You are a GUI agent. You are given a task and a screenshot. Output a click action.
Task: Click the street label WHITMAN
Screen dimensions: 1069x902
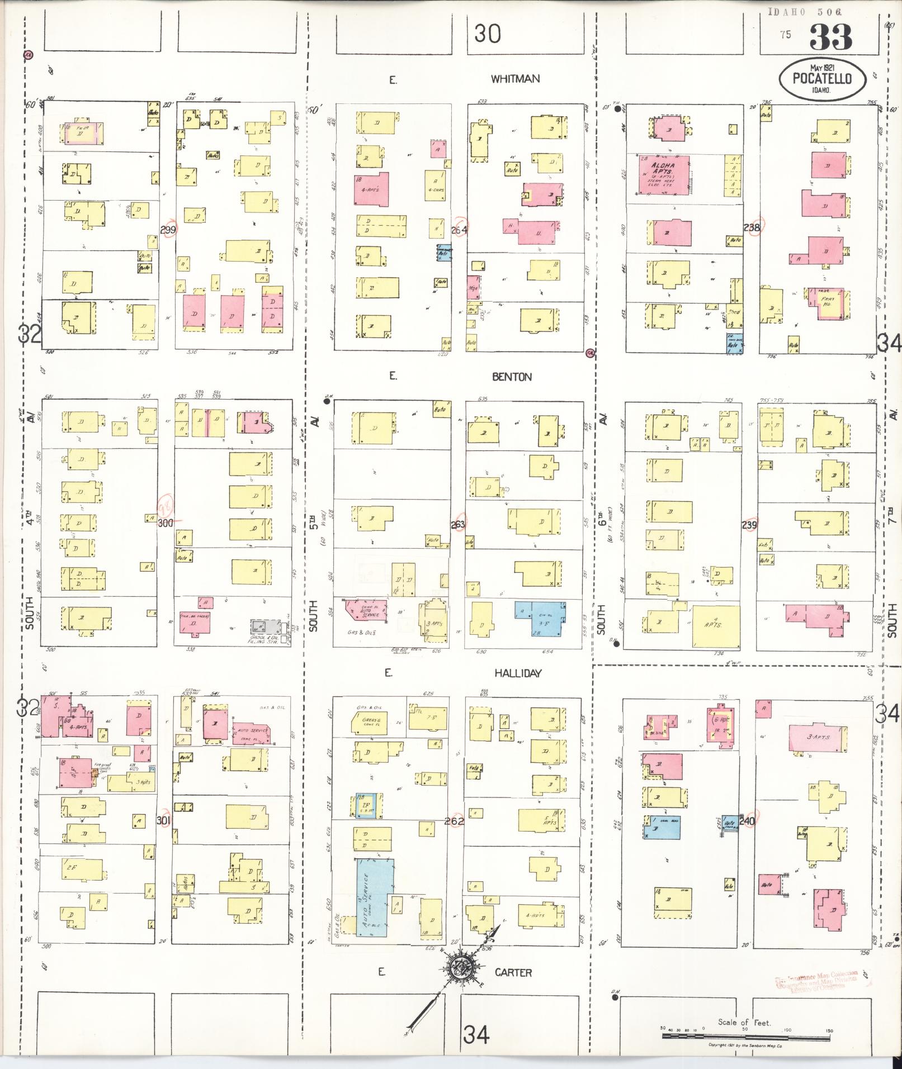515,79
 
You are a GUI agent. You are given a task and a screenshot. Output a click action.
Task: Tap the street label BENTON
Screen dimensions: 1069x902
512,377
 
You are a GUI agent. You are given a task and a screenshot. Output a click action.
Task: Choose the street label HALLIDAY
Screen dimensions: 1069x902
518,673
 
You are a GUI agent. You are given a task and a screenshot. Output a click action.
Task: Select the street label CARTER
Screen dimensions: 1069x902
513,972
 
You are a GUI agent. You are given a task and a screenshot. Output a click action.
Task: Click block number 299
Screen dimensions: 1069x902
168,230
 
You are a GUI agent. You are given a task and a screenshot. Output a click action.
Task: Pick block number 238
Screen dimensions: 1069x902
752,227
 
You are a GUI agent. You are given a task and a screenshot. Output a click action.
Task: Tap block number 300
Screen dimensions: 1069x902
166,524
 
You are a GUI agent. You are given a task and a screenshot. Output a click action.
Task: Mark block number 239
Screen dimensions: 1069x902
749,525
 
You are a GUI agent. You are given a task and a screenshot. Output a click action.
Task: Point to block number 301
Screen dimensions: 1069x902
163,820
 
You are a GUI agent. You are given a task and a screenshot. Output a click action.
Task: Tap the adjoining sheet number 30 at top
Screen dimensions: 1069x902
487,35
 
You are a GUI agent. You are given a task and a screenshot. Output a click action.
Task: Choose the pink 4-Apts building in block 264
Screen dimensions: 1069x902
371,188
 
